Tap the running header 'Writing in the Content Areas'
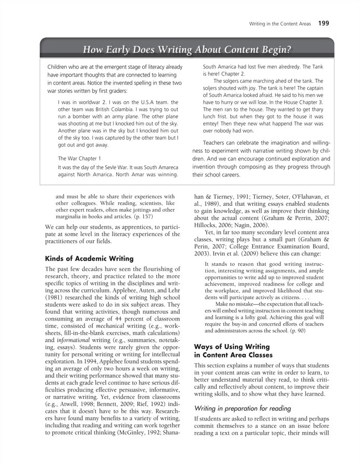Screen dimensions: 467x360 pos(280,23)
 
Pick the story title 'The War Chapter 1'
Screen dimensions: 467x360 pos(79,158)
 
